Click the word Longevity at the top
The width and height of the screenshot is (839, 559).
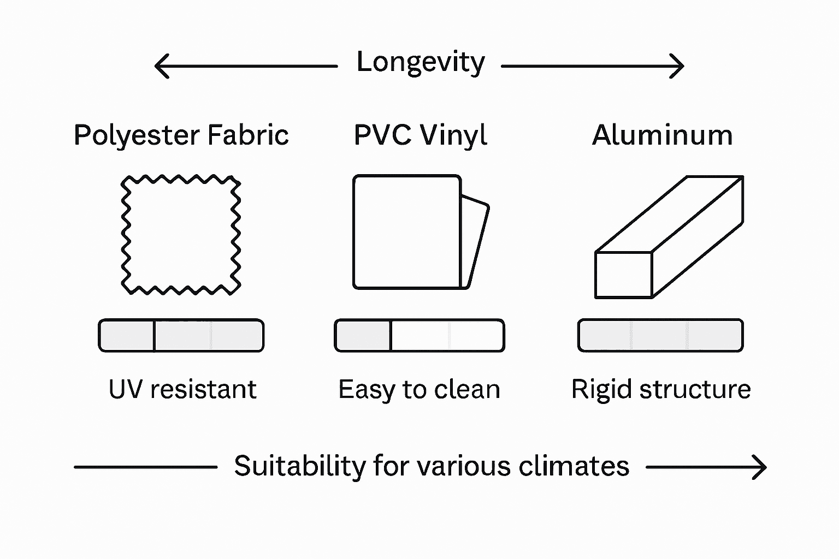[420, 62]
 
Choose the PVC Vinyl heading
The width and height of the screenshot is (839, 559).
[420, 135]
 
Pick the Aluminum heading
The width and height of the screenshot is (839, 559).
[662, 135]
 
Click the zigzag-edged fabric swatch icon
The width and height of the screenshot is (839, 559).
[181, 235]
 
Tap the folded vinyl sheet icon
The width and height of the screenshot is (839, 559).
[415, 232]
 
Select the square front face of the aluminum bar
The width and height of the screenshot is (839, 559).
[623, 275]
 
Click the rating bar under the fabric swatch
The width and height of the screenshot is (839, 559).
[181, 335]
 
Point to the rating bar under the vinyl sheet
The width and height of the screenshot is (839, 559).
[419, 335]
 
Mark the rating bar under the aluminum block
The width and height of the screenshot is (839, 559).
[660, 335]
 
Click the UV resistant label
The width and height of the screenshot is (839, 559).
[182, 389]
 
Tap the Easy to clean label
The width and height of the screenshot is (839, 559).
[419, 390]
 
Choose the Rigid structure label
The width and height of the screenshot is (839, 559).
[661, 389]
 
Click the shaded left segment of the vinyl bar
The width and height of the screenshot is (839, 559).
[363, 335]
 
